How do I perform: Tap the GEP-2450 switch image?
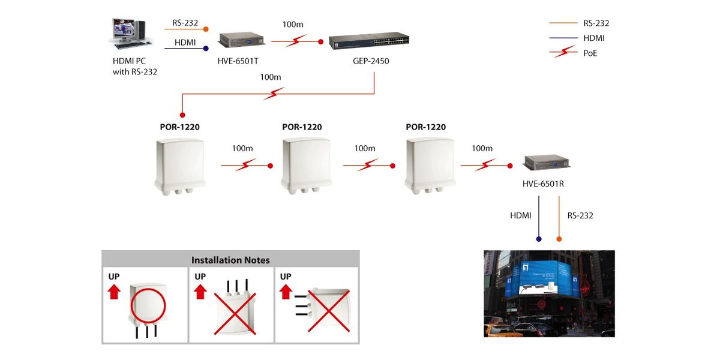point(369,41)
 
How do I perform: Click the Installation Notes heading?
point(230,260)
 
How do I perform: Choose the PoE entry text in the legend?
point(590,53)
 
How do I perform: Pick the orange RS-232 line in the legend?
point(563,23)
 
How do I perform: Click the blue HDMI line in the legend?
point(563,38)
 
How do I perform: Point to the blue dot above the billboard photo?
point(538,239)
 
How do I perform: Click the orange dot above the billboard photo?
point(559,239)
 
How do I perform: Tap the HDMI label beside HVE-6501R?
point(520,215)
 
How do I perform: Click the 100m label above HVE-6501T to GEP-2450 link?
point(293,25)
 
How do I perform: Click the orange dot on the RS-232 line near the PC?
point(206,29)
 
